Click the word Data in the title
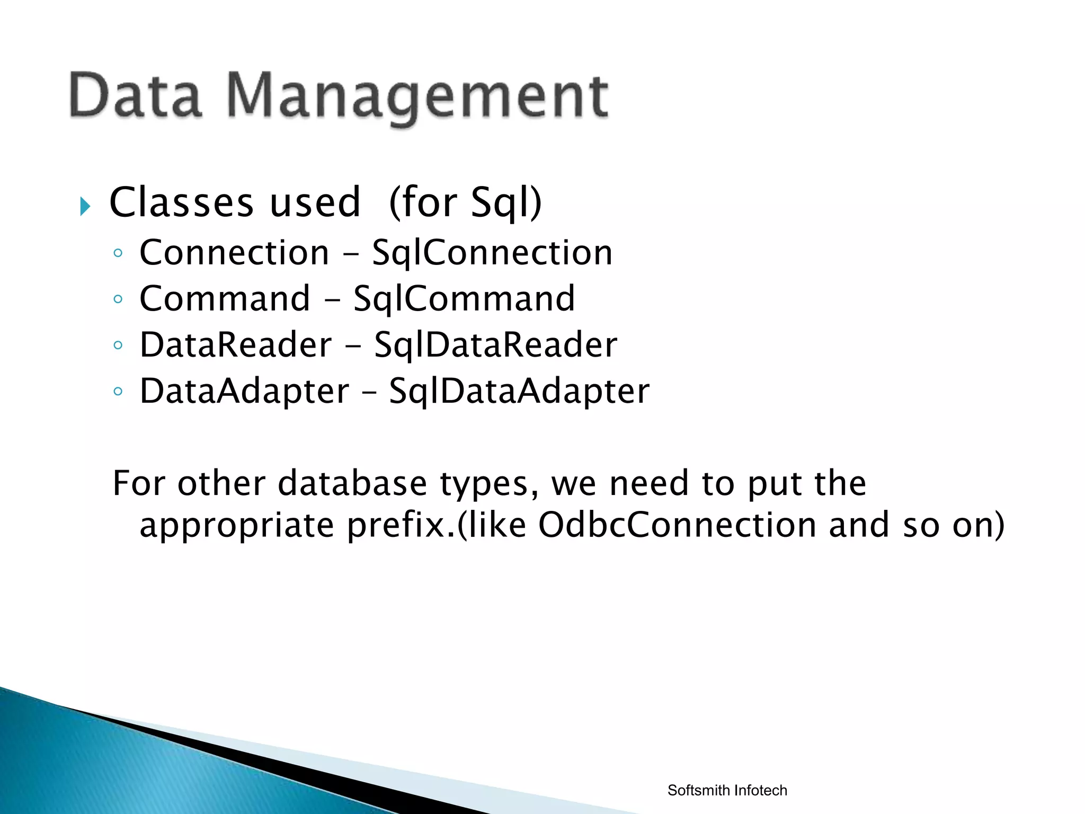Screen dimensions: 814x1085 136,95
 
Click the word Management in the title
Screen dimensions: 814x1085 418,98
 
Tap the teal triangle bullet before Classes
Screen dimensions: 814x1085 85,206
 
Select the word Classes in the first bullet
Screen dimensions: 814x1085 182,202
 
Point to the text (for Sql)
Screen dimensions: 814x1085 465,203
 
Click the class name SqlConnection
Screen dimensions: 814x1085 492,252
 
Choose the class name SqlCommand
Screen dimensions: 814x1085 464,298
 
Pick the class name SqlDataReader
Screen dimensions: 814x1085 495,345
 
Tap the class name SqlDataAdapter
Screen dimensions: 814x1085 519,391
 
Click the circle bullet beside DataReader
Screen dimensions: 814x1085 118,346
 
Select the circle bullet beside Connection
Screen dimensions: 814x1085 118,253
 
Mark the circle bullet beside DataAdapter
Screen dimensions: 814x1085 118,392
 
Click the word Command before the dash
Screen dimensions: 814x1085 225,298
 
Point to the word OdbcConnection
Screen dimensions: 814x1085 677,525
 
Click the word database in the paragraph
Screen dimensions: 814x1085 352,483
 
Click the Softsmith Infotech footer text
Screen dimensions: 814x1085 727,790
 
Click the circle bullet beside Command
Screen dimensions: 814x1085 118,299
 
